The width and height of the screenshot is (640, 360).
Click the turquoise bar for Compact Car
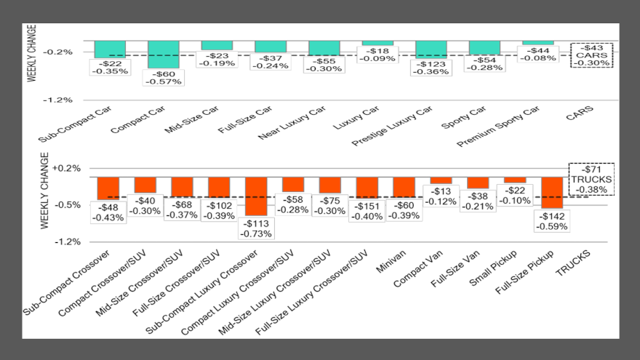(x=164, y=55)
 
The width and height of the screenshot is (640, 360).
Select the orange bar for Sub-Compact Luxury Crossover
(x=256, y=196)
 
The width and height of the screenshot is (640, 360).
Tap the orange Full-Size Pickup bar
(x=552, y=192)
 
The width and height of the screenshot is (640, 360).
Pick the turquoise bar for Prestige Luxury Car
(x=431, y=49)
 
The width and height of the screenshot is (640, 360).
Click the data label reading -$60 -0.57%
(x=164, y=77)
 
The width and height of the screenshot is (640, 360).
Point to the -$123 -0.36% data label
(x=431, y=67)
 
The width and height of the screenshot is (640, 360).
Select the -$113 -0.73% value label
(x=256, y=228)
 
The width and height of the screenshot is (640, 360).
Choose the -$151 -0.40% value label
(x=367, y=211)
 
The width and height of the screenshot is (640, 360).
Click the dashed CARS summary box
(x=591, y=55)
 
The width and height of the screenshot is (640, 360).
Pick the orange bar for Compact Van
(x=441, y=180)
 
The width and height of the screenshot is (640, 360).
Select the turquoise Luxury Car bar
(x=377, y=43)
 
